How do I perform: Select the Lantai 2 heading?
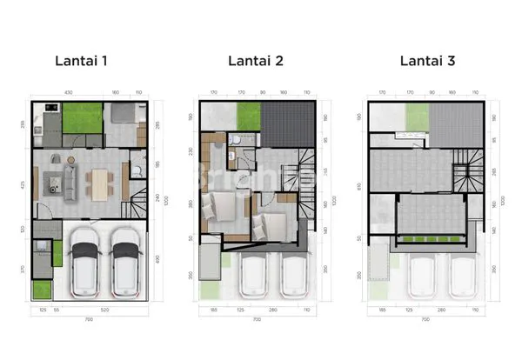tap(257, 61)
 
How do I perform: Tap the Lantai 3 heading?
tap(428, 61)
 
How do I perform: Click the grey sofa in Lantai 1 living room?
tap(69, 181)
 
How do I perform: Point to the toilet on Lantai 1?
tap(137, 170)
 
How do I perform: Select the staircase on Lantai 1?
tap(137, 207)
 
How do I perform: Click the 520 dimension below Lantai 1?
tap(104, 310)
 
